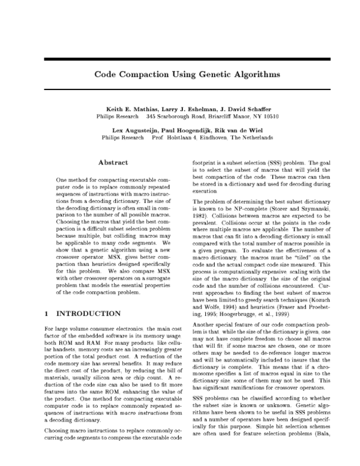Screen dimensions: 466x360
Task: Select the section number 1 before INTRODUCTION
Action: click(47, 313)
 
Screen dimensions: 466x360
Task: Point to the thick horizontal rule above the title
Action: click(180, 58)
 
